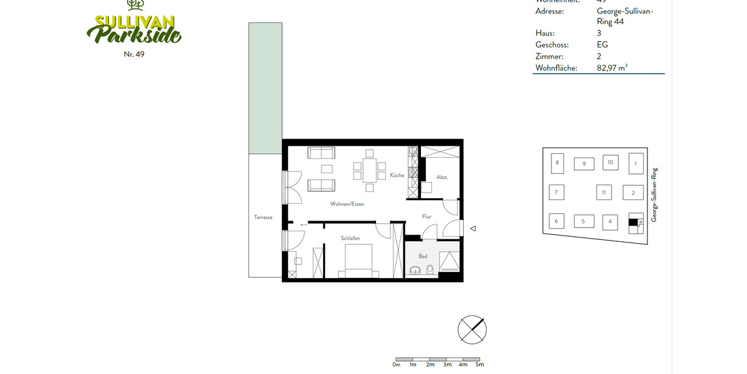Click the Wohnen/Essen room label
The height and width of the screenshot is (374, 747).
click(347, 204)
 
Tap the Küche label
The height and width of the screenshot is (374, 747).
click(397, 176)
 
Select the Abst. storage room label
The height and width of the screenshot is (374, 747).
click(442, 177)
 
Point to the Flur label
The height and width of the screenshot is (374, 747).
click(426, 217)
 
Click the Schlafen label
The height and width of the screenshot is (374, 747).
click(350, 238)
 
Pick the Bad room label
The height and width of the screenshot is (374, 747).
click(423, 256)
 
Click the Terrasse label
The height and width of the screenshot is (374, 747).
click(263, 218)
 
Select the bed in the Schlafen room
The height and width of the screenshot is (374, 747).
click(357, 261)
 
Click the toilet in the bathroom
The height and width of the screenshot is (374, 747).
click(430, 269)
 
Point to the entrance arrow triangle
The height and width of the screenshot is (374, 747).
click(472, 229)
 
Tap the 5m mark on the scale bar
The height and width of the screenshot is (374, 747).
click(479, 365)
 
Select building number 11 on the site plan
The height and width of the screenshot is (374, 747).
click(603, 193)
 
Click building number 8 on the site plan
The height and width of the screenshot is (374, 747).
click(557, 163)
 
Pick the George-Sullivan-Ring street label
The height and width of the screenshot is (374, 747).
click(654, 194)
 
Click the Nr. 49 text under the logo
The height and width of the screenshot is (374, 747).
click(134, 54)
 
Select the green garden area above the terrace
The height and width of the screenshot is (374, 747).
click(265, 88)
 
